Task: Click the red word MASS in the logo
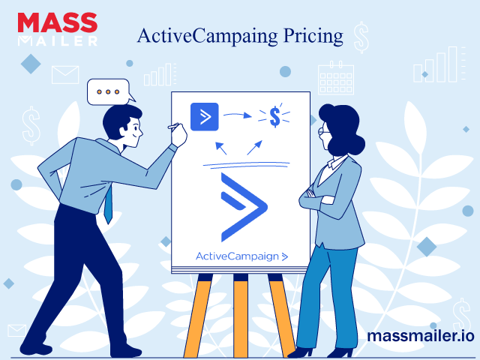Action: (58, 22)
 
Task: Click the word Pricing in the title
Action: (313, 37)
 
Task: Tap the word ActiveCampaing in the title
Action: (207, 37)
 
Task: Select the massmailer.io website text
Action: (421, 336)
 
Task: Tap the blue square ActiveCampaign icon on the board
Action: (205, 117)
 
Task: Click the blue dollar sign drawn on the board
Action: (275, 116)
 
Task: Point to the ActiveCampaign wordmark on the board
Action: (241, 256)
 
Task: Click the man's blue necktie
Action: (108, 203)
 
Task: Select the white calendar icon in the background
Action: (336, 78)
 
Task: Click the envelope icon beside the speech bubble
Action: (65, 75)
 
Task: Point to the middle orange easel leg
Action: (241, 316)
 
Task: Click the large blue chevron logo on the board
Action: (244, 207)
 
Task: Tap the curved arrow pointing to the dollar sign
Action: (238, 115)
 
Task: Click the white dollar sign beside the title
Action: (361, 37)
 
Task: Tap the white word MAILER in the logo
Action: (58, 41)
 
